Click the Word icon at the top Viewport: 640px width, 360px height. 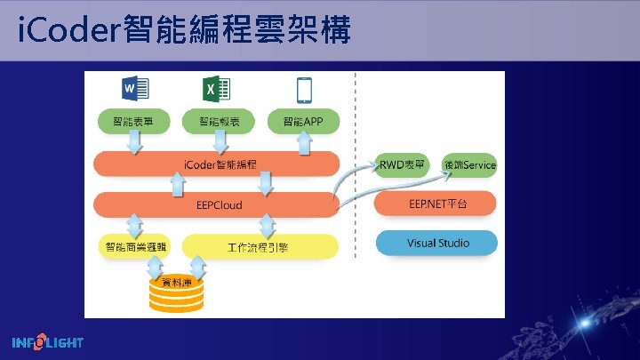point(135,89)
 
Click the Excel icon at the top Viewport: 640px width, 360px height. point(217,89)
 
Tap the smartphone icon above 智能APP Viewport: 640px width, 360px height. point(304,90)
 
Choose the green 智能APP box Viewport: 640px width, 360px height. point(305,121)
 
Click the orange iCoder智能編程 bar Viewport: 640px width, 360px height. point(217,164)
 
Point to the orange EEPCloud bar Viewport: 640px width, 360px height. point(217,204)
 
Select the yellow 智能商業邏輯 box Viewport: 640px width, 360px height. point(132,246)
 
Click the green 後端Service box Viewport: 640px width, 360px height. point(468,164)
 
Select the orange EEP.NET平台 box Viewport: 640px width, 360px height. point(436,204)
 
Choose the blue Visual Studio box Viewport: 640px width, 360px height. point(436,243)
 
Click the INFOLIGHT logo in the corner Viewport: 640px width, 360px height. point(48,342)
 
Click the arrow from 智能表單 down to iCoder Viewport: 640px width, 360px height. point(134,142)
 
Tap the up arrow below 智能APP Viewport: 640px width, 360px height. point(305,142)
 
